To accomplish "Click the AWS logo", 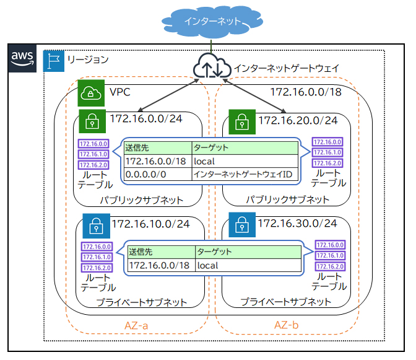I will tap(23, 56).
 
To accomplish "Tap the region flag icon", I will tap(54, 61).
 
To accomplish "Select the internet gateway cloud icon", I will tap(211, 67).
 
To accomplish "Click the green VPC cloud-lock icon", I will tap(91, 94).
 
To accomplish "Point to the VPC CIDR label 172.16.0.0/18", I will tap(306, 93).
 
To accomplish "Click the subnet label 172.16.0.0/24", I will tap(146, 118).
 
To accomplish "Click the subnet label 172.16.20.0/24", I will tap(298, 120).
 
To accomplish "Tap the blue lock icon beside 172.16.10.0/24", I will tap(93, 226).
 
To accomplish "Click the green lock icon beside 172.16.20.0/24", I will tap(240, 121).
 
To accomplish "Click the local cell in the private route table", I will tap(208, 265).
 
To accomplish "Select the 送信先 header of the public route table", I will tap(137, 148).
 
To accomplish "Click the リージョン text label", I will tap(87, 60).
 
